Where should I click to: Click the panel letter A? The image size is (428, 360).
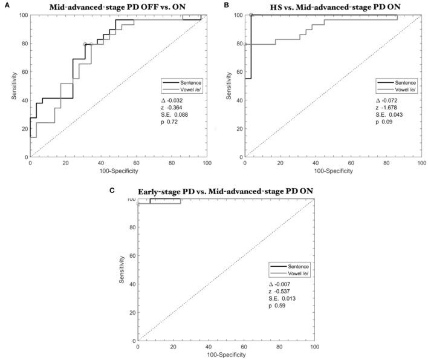pos(5,5)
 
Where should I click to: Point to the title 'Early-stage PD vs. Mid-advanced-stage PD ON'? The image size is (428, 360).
pos(226,191)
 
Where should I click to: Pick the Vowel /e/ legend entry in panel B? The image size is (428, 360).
pos(404,89)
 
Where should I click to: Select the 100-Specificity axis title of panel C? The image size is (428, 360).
pos(226,355)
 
